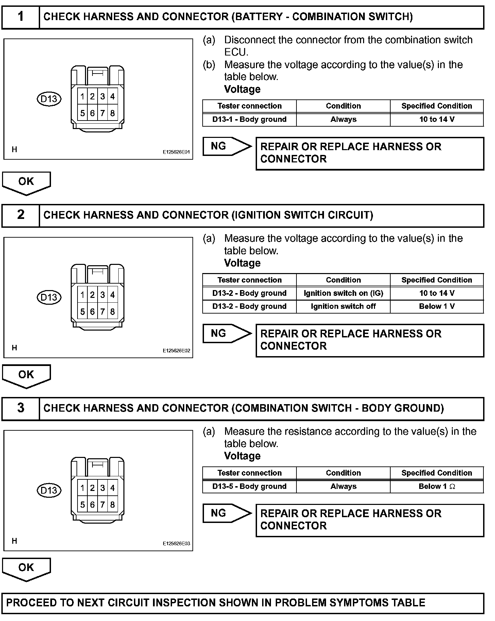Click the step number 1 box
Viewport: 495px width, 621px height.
coord(21,17)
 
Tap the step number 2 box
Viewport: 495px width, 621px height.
coord(21,215)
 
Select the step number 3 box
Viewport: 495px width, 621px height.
coord(21,408)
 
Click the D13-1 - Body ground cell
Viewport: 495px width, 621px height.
coord(249,120)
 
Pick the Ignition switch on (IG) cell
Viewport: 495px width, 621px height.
coord(343,293)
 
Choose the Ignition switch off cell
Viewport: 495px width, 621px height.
coord(343,306)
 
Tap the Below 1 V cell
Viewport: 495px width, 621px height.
coord(437,306)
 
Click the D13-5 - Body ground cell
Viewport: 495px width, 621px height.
coord(249,487)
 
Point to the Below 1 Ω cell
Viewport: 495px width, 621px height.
coord(437,487)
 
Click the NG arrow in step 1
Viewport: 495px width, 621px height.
coord(226,146)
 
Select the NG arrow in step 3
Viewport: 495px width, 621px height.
coord(226,513)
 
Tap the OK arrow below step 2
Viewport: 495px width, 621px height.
coord(27,376)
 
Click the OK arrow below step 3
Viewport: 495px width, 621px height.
coord(27,569)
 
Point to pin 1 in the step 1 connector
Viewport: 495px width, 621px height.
coord(83,97)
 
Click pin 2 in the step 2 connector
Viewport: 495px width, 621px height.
coord(92,295)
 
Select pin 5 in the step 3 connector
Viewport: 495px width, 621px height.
coord(83,505)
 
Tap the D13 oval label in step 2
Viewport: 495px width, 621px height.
coord(49,297)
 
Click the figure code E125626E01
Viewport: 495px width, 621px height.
coord(176,153)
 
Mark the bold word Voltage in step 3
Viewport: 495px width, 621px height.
coord(242,456)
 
